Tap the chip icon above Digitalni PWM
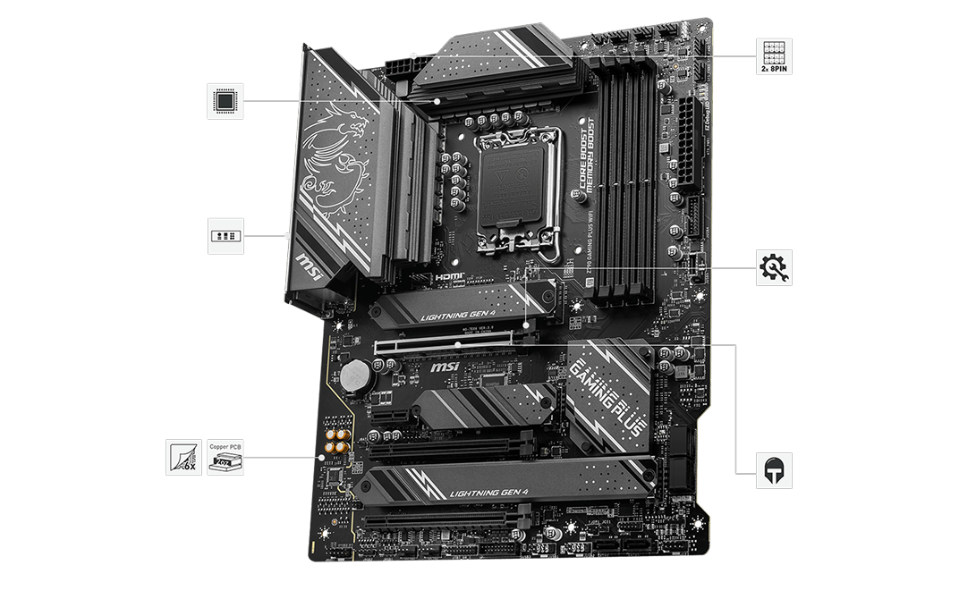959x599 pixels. coord(225,101)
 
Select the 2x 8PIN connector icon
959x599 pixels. coord(774,56)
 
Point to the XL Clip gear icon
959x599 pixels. coord(774,267)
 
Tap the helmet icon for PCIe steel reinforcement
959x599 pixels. coord(774,470)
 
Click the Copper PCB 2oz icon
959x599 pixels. coord(225,457)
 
